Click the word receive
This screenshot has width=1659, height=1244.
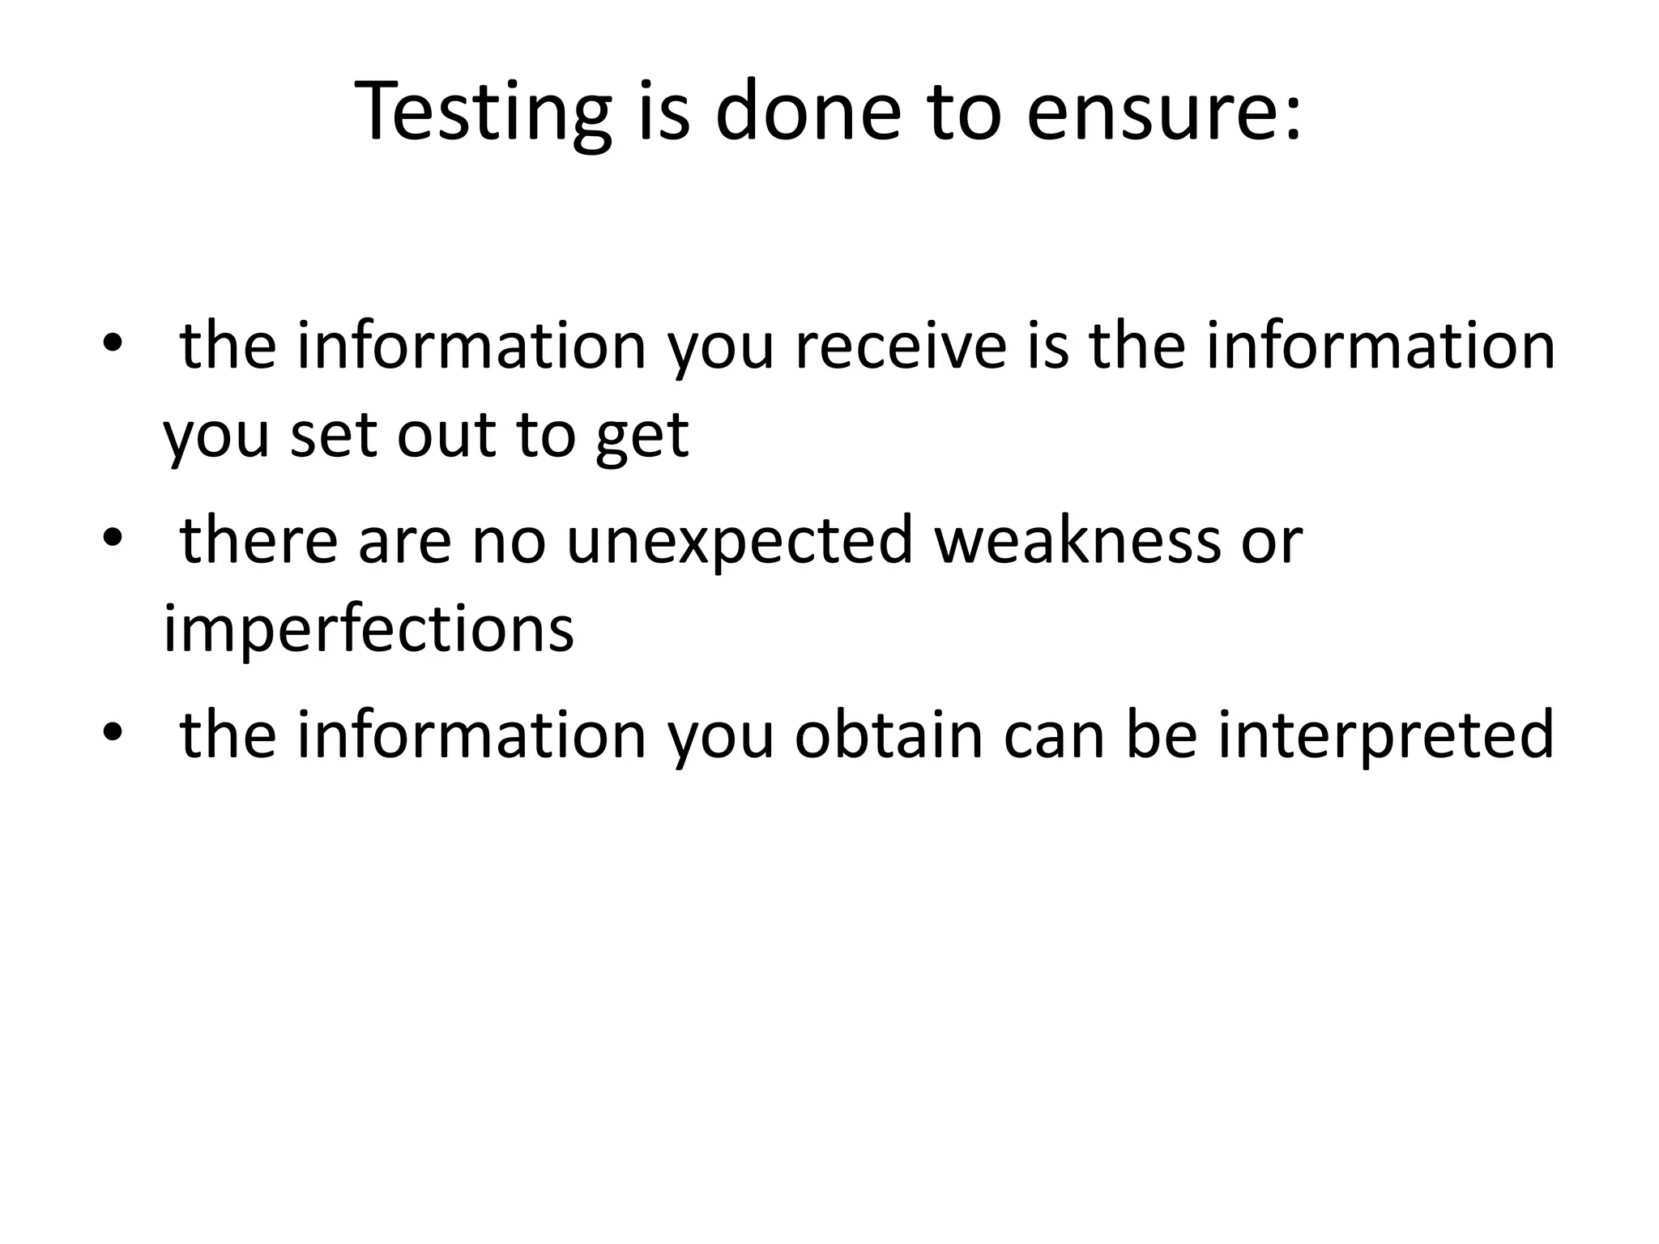click(x=900, y=347)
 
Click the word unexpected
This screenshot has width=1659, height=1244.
click(x=740, y=541)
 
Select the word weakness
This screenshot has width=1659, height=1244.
click(x=1077, y=541)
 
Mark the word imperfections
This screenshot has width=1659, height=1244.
click(x=369, y=629)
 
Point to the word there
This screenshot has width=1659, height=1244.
click(x=258, y=541)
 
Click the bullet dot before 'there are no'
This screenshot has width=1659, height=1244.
click(x=112, y=538)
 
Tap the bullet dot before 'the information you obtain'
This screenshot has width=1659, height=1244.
click(x=112, y=732)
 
